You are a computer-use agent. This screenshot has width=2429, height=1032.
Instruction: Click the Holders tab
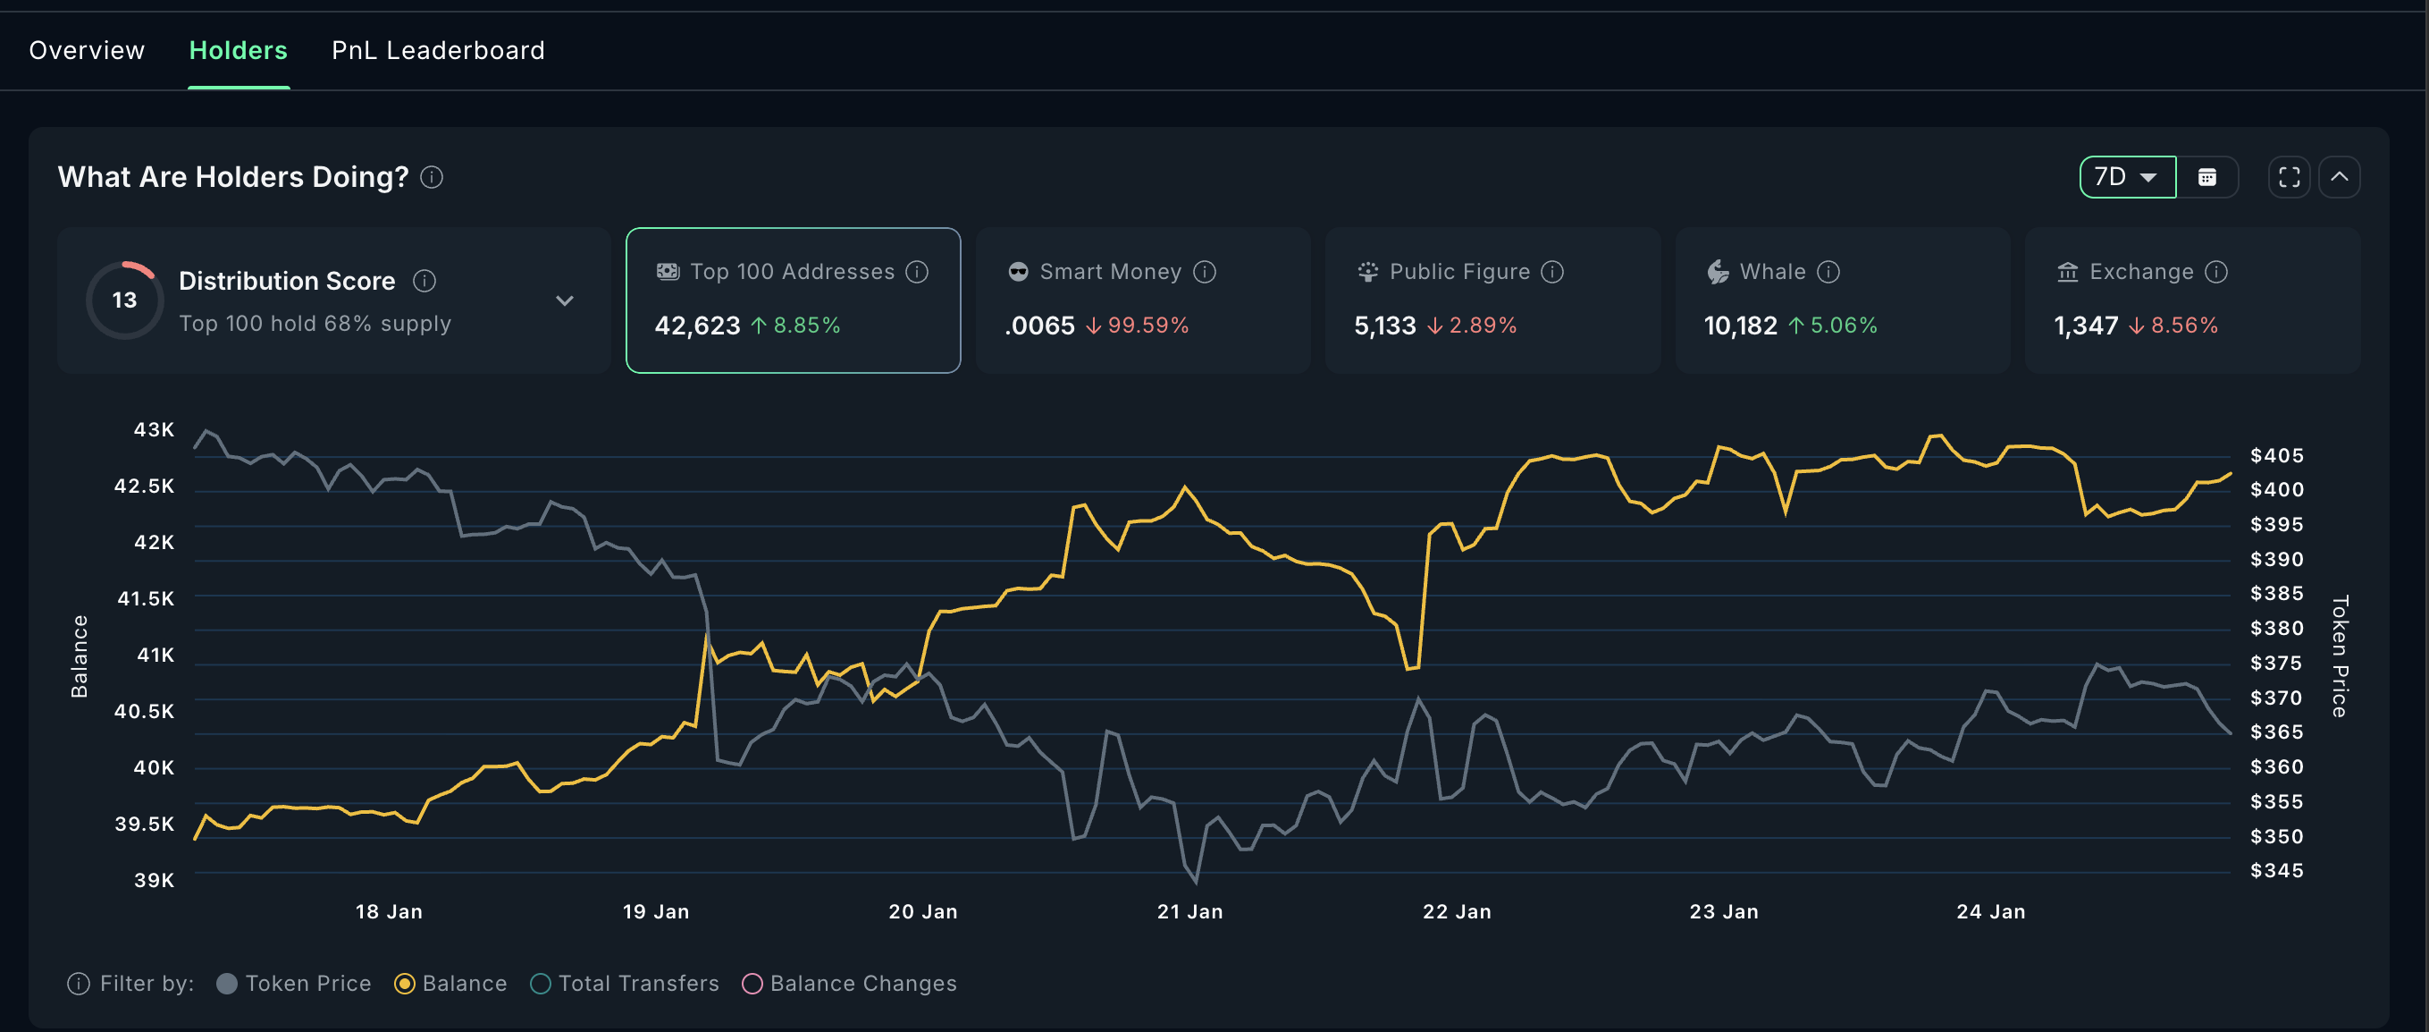tap(238, 50)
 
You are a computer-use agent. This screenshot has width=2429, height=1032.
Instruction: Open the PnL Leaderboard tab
tap(438, 50)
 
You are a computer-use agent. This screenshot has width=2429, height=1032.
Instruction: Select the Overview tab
tap(87, 50)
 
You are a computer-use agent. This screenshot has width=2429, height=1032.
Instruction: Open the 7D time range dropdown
tap(2126, 177)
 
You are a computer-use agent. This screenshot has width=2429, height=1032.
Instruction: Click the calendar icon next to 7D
tap(2206, 177)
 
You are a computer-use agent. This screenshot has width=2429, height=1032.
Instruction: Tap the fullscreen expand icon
tap(2289, 177)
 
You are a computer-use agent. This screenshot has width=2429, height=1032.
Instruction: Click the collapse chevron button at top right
tap(2339, 177)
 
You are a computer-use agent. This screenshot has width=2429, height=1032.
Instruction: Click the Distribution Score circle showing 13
tap(124, 300)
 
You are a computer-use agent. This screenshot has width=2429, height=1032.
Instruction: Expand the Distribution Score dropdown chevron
tap(564, 300)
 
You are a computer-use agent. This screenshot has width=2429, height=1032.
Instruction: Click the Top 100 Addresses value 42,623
tap(697, 326)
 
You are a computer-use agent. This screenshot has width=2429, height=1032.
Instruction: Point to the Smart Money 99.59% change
tap(1147, 326)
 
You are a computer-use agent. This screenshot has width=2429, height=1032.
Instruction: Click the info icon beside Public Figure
tap(1552, 272)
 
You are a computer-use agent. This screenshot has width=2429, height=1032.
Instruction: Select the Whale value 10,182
tap(1740, 326)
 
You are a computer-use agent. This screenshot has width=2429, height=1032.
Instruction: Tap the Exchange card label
tap(2140, 272)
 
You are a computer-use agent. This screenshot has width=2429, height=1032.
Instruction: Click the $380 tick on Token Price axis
tap(2276, 629)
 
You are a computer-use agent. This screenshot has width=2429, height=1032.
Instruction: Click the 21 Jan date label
tap(1189, 911)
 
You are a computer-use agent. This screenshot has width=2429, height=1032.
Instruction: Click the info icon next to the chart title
tap(431, 177)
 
